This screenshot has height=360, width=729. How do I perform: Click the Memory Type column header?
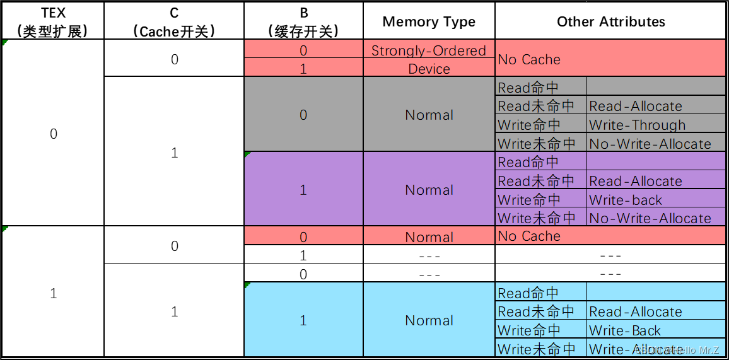pyautogui.click(x=429, y=22)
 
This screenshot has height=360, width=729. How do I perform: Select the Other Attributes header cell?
pyautogui.click(x=610, y=22)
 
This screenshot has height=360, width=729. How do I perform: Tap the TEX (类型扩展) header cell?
pyautogui.click(x=53, y=22)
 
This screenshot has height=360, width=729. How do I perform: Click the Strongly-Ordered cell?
pyautogui.click(x=429, y=50)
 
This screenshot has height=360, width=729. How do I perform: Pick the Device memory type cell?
pyautogui.click(x=429, y=69)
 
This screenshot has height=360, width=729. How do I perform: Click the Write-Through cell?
pyautogui.click(x=637, y=125)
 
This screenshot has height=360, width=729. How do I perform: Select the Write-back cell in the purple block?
pyautogui.click(x=626, y=200)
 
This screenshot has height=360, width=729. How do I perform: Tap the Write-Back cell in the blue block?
pyautogui.click(x=625, y=330)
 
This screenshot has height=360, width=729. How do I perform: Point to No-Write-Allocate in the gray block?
pyautogui.click(x=650, y=144)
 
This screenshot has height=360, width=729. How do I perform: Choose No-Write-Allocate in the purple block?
pyautogui.click(x=650, y=218)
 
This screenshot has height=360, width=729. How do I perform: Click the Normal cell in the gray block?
pyautogui.click(x=429, y=115)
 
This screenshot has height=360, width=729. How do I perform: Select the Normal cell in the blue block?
pyautogui.click(x=429, y=320)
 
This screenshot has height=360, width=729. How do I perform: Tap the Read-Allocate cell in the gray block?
pyautogui.click(x=636, y=106)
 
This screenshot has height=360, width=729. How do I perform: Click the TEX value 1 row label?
pyautogui.click(x=53, y=293)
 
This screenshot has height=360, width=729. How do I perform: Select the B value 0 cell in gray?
pyautogui.click(x=303, y=115)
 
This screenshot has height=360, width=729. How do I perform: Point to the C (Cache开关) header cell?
pyautogui.click(x=174, y=22)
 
